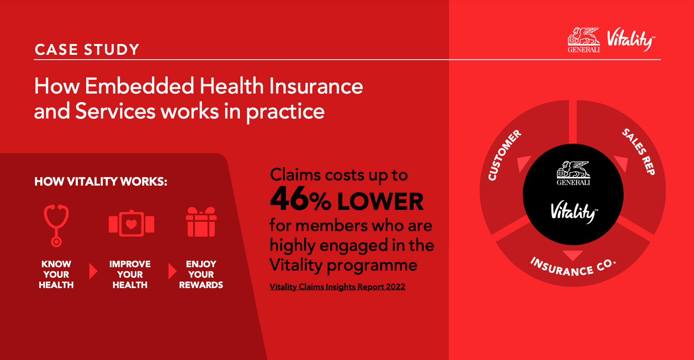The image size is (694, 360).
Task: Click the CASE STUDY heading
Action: (87, 50)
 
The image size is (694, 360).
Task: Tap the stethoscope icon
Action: (56, 225)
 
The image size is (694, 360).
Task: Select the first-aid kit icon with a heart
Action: (131, 224)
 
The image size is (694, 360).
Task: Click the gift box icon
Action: (201, 222)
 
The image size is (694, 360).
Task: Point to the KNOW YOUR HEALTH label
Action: (56, 274)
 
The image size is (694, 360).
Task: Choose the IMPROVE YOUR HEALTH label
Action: (130, 274)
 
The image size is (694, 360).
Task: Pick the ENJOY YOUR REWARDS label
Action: (201, 274)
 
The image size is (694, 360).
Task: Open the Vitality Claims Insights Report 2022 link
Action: (337, 287)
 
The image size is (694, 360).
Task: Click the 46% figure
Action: (300, 200)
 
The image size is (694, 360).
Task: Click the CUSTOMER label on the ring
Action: (504, 155)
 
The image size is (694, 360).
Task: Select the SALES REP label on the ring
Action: (638, 151)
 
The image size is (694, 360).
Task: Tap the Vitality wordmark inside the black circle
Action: (574, 212)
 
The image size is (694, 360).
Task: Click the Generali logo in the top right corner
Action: (584, 40)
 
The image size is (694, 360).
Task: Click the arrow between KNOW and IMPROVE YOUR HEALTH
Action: (93, 271)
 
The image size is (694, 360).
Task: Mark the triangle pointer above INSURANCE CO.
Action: (573, 256)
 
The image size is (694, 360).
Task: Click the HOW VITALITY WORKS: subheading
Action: (101, 181)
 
